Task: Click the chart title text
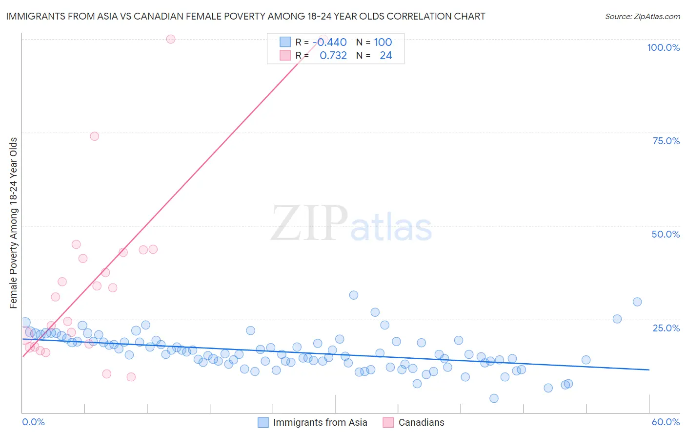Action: tap(245, 16)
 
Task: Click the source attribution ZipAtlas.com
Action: tap(642, 16)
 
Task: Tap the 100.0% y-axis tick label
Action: tap(663, 47)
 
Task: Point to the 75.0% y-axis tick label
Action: tap(666, 141)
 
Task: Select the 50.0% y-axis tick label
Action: tap(666, 234)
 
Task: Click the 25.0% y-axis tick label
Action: tap(666, 327)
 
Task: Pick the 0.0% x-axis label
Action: tap(33, 422)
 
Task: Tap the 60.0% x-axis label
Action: tap(666, 422)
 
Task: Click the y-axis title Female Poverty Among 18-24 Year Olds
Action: tap(14, 223)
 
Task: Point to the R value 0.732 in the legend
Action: tap(333, 56)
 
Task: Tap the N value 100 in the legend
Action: tap(383, 43)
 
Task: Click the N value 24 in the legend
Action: tap(385, 56)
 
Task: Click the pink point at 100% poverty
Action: tap(171, 39)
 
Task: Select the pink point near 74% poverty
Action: tap(95, 136)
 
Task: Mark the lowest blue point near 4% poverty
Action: tap(494, 398)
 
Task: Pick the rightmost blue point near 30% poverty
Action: tap(637, 302)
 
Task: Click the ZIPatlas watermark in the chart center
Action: tap(351, 224)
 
